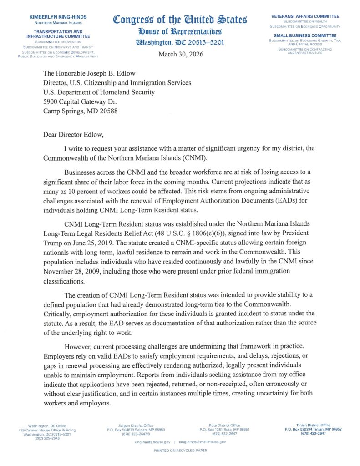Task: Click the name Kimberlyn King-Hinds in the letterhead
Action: coord(58,17)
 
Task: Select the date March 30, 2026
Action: coord(181,54)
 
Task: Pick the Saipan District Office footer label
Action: coord(136,425)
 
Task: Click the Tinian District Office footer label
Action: coord(313,425)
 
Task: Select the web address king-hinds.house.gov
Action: coord(152,442)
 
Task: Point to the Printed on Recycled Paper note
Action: coord(180,450)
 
